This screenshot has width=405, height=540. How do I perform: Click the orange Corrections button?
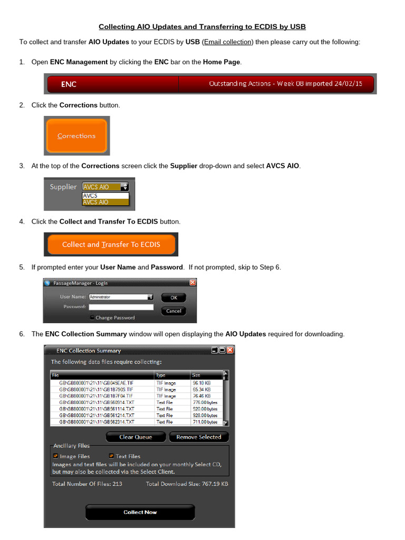(76, 136)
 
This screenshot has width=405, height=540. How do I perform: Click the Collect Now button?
(140, 512)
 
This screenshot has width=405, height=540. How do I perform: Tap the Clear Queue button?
(136, 437)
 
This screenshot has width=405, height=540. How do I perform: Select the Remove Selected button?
(199, 437)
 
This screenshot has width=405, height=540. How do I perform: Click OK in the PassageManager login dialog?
(173, 297)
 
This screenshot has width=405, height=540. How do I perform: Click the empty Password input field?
(121, 307)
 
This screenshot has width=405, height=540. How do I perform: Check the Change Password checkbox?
(92, 317)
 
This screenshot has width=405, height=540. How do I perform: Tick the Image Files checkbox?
(55, 456)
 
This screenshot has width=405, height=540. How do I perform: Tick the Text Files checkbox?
(112, 456)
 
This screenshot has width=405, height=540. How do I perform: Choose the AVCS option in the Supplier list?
(90, 196)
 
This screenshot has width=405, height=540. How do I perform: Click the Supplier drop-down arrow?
(124, 187)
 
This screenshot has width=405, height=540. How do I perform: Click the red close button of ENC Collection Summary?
(230, 350)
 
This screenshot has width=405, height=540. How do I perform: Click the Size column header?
(196, 375)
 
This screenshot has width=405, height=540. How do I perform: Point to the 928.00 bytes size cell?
(205, 416)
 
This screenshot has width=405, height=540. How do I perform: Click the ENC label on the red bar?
(69, 84)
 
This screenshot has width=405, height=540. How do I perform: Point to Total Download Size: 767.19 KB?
(187, 484)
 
